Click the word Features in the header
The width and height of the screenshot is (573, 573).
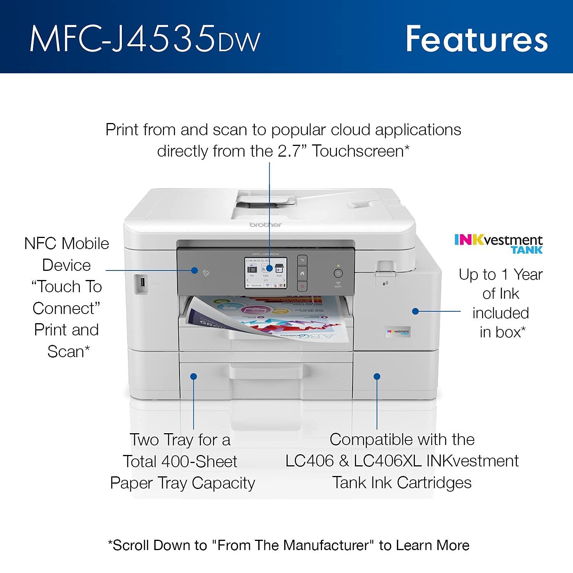click(x=476, y=39)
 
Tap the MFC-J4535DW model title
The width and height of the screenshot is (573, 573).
click(x=145, y=39)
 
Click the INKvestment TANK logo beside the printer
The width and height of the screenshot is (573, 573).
click(x=498, y=244)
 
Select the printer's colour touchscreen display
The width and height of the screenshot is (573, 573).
click(x=266, y=273)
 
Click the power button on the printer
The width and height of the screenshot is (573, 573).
click(x=338, y=273)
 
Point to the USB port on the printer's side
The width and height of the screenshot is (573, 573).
click(x=142, y=283)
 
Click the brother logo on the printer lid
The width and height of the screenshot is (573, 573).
click(x=265, y=225)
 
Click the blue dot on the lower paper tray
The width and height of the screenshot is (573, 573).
click(x=194, y=377)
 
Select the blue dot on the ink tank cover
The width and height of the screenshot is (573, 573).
click(x=415, y=311)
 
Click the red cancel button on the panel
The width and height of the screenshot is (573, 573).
click(x=302, y=286)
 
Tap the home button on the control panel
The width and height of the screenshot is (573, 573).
click(x=302, y=273)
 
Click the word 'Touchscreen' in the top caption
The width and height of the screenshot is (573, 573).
click(x=358, y=151)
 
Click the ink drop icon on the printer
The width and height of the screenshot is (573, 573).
click(x=385, y=283)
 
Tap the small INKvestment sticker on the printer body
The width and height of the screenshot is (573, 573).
click(x=398, y=332)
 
